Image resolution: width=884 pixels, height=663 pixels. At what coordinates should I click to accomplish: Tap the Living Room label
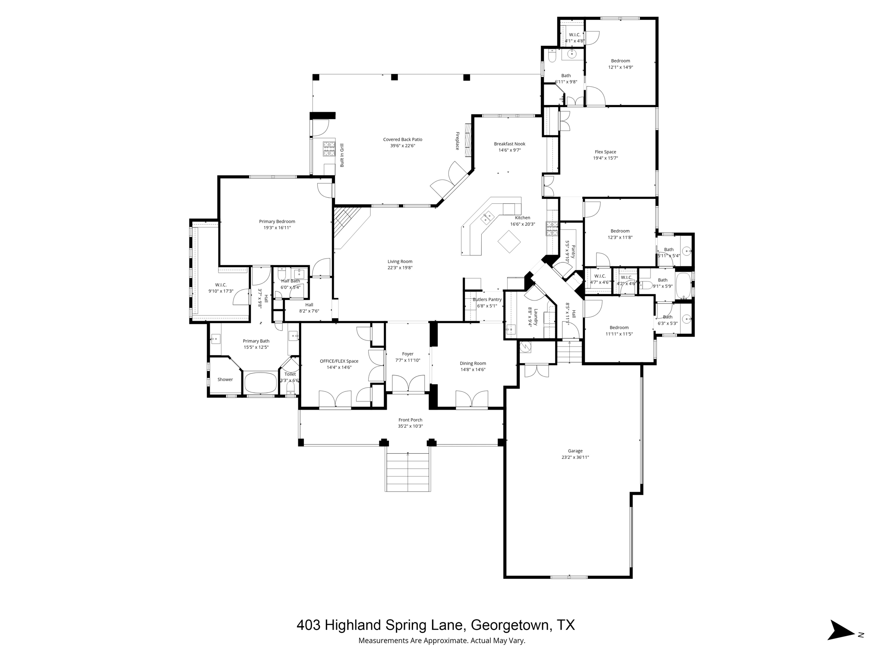click(x=400, y=261)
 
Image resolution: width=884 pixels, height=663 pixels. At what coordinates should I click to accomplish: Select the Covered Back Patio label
click(x=402, y=139)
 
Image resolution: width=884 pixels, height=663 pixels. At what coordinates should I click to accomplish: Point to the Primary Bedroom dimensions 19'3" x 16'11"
click(x=277, y=227)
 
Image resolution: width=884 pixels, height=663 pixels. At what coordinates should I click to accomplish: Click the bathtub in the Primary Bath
click(x=261, y=382)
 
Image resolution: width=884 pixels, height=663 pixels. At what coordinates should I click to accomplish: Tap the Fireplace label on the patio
click(x=457, y=141)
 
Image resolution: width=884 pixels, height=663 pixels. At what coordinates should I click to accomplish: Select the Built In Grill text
click(x=342, y=155)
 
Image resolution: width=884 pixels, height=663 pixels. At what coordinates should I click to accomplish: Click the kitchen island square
click(x=509, y=241)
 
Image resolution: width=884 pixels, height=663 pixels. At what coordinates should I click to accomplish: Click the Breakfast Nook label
click(x=509, y=144)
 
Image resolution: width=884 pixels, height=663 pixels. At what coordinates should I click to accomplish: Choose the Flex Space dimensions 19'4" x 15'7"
click(x=605, y=158)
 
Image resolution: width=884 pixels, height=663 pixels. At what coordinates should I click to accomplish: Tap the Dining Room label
click(x=473, y=363)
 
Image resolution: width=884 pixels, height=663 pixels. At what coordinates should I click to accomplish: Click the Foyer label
click(x=407, y=354)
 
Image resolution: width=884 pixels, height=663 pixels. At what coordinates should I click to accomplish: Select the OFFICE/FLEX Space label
click(x=339, y=361)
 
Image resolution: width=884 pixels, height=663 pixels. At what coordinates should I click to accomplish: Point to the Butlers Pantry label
click(x=487, y=300)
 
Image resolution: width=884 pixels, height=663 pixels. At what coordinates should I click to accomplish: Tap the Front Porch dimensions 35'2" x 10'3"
click(x=410, y=426)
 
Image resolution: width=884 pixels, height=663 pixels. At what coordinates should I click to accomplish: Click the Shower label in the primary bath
click(x=225, y=379)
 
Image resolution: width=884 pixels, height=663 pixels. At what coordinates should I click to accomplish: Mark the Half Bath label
click(x=290, y=281)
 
